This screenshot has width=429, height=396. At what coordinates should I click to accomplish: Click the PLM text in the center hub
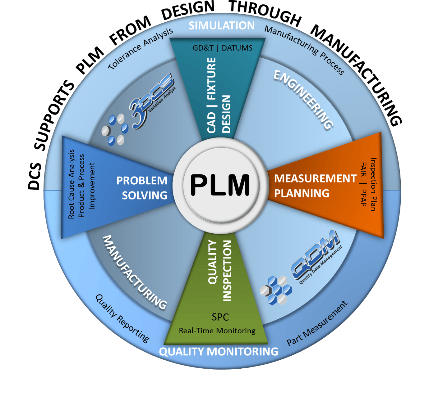pyautogui.click(x=220, y=185)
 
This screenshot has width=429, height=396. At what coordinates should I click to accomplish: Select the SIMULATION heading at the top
pyautogui.click(x=222, y=26)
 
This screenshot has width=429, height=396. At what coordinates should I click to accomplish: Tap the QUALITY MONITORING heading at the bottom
pyautogui.click(x=219, y=352)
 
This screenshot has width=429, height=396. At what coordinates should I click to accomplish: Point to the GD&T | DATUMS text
pyautogui.click(x=223, y=48)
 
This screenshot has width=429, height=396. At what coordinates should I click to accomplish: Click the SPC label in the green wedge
pyautogui.click(x=220, y=317)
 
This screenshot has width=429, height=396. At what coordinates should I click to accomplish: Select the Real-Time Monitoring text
pyautogui.click(x=217, y=331)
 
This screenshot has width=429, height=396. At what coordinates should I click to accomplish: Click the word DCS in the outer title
pyautogui.click(x=35, y=176)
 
